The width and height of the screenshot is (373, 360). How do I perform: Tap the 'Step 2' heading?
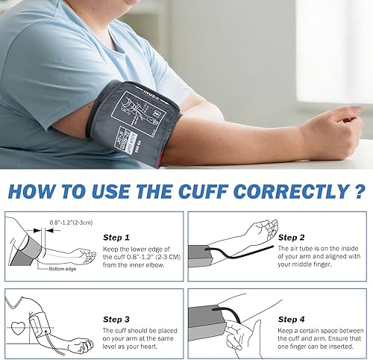coord(291,237)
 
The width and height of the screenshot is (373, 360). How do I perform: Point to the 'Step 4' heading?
coord(291,319)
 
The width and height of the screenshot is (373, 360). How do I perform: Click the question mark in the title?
coord(360,191)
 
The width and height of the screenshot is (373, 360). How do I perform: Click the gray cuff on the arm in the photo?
coord(127,120)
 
